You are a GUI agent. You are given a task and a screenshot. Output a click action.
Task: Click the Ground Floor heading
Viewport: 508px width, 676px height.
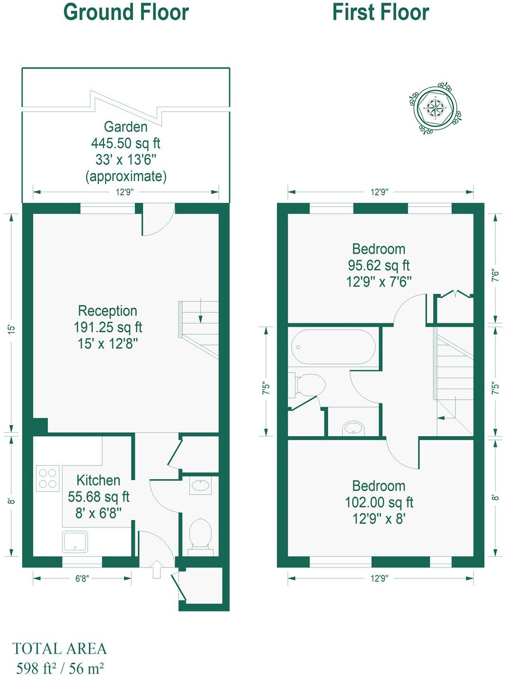tap(126, 12)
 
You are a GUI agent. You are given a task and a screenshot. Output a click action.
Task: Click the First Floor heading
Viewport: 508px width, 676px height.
tap(381, 12)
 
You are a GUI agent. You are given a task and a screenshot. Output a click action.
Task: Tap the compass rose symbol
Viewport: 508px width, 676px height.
tap(434, 108)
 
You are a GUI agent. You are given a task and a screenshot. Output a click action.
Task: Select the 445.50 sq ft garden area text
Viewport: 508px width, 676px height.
tap(125, 143)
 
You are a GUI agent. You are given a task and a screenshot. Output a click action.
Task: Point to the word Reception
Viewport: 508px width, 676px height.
tap(107, 311)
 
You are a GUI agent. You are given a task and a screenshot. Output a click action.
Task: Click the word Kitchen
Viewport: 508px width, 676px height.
tap(98, 480)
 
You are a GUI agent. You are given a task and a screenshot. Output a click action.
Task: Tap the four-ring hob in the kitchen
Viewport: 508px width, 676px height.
tap(48, 478)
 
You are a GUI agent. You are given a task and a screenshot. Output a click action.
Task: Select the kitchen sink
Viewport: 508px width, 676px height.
tap(75, 541)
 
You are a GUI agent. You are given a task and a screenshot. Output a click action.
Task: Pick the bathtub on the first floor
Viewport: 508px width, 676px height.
tap(333, 347)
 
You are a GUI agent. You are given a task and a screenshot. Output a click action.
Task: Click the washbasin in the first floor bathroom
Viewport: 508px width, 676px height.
tap(353, 428)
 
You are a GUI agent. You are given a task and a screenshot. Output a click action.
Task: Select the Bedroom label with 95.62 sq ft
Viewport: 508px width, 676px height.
tap(379, 249)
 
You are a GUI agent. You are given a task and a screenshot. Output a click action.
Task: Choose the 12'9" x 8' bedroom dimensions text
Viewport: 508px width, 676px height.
tap(379, 519)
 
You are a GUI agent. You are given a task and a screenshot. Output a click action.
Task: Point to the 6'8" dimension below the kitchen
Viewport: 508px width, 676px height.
tap(82, 578)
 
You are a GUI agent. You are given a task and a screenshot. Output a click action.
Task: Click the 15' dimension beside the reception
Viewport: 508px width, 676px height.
tap(12, 329)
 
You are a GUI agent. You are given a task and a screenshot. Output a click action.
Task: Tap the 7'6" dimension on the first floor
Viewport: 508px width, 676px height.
tap(495, 275)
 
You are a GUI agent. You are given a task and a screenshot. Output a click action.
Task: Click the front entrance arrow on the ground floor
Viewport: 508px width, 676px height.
tap(156, 569)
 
